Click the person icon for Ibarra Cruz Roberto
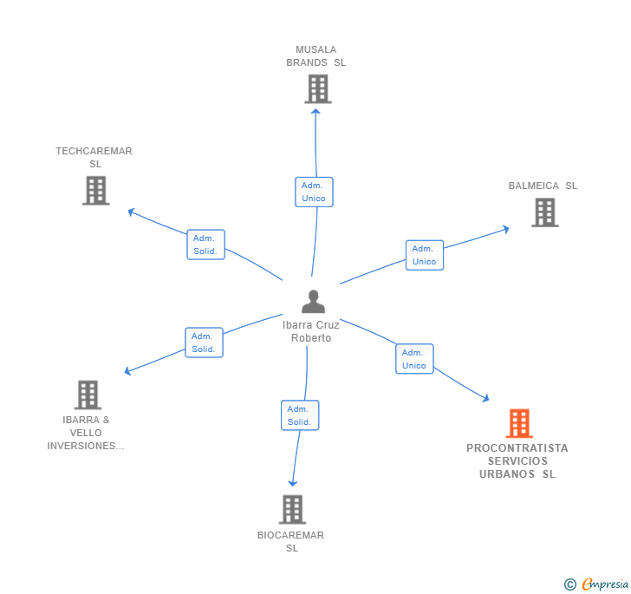(313, 302)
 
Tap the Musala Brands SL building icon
(318, 88)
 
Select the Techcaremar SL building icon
(95, 190)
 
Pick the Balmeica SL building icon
(544, 212)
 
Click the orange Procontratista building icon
(518, 423)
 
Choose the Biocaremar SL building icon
(292, 509)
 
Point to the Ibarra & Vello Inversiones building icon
(88, 395)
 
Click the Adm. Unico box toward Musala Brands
(314, 192)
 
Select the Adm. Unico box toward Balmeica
(424, 255)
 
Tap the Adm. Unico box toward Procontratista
(414, 359)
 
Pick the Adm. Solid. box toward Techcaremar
(205, 245)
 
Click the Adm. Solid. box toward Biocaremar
(300, 415)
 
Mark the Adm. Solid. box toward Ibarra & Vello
(204, 343)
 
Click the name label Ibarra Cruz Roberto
(311, 331)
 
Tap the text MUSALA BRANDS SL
(315, 56)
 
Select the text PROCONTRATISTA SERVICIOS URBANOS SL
(517, 461)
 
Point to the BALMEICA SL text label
(543, 186)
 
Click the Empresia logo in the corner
(596, 584)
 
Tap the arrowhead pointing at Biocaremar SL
(293, 482)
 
